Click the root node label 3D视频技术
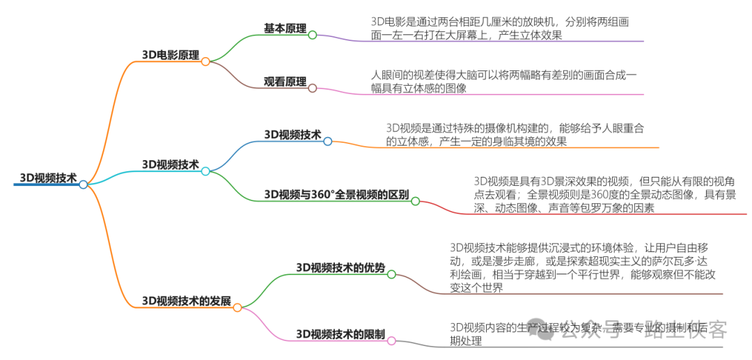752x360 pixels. click(x=48, y=177)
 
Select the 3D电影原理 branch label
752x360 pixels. click(x=170, y=54)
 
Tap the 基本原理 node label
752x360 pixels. click(x=285, y=28)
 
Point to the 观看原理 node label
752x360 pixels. click(x=285, y=81)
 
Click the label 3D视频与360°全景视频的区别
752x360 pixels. click(x=336, y=194)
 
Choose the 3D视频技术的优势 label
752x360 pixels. click(x=340, y=267)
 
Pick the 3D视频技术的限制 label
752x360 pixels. click(x=340, y=334)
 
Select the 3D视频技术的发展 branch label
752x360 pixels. click(x=186, y=301)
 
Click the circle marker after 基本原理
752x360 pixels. click(x=313, y=35)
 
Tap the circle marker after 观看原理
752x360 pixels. click(x=313, y=88)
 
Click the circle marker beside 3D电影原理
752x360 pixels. click(x=205, y=61)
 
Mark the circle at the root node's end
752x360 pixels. click(x=84, y=185)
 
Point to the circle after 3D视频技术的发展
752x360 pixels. click(x=237, y=307)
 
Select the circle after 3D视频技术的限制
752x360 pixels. click(x=391, y=341)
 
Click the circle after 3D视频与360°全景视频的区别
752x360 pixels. click(x=415, y=201)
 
